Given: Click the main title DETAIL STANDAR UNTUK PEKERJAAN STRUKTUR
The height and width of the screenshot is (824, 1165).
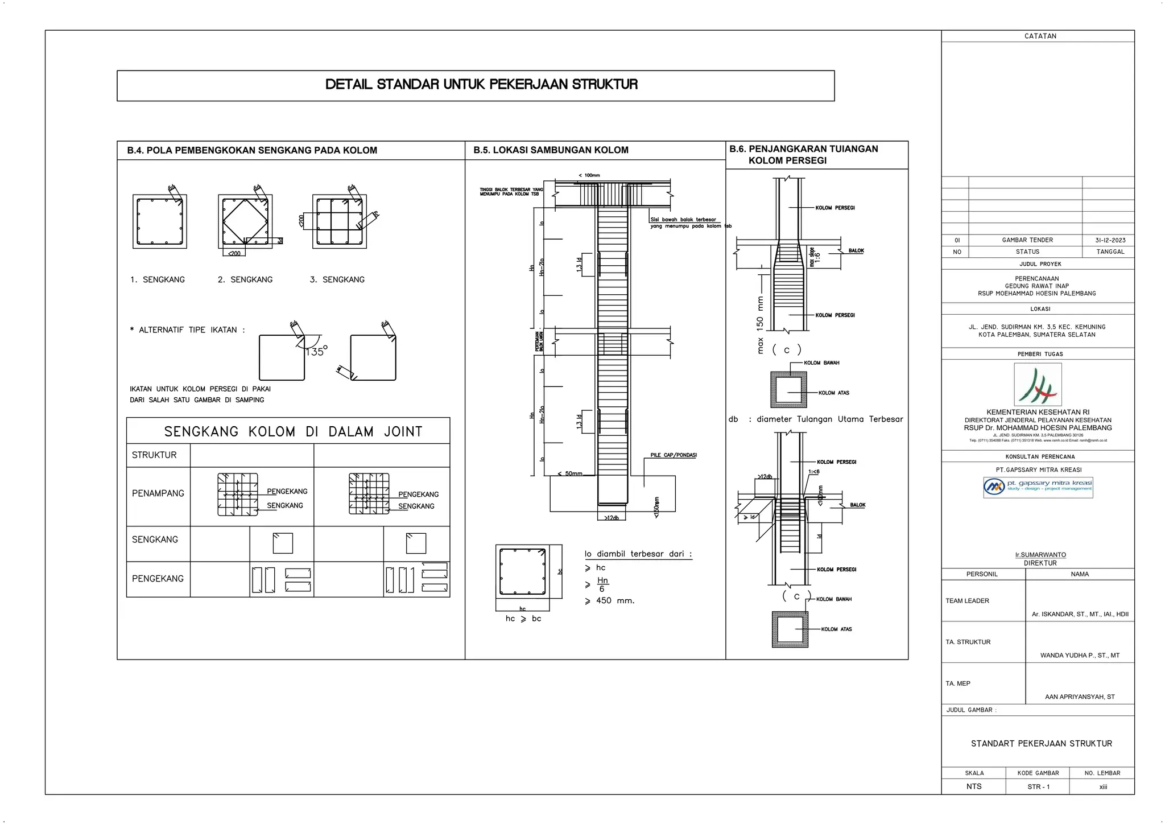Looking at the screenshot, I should [481, 85].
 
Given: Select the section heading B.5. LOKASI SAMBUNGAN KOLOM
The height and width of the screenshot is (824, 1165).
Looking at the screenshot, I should [551, 150].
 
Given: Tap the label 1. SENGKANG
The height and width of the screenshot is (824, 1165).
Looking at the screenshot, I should [158, 279].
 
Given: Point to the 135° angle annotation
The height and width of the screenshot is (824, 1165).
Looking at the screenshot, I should [316, 352].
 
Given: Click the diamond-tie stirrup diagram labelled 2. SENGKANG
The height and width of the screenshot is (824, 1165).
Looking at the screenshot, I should [245, 221].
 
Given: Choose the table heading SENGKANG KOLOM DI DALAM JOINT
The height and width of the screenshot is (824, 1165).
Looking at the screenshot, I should [293, 431].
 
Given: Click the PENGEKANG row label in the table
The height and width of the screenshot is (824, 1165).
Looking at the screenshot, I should [158, 579].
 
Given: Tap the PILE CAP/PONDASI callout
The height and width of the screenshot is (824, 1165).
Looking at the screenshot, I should [674, 455].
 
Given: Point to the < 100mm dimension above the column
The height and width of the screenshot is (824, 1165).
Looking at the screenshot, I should [589, 175].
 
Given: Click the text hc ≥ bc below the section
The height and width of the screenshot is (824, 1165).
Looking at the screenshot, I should [523, 619].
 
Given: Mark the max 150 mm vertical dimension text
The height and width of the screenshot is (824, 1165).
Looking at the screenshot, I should [760, 324].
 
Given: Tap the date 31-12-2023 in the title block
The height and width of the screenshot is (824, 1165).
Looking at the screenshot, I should [1110, 240].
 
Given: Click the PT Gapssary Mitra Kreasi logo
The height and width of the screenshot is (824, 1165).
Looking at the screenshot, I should [1038, 487].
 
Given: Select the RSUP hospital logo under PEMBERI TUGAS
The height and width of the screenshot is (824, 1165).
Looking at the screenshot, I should [1038, 385].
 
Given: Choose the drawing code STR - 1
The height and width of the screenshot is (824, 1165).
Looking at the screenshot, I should [1038, 787].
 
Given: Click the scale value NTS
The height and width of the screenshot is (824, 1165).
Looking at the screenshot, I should [974, 786].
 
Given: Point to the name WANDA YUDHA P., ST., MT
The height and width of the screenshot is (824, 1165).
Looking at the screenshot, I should [1080, 656].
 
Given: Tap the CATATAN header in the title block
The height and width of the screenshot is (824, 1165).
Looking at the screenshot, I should [1040, 36].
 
